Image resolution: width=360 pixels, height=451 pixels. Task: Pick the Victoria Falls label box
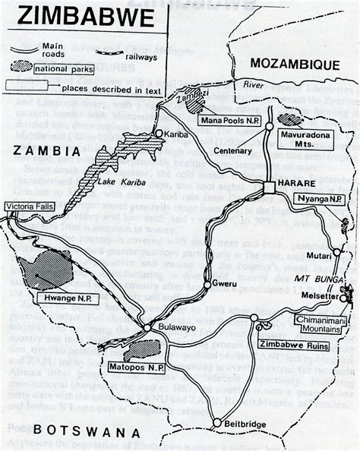(29, 207)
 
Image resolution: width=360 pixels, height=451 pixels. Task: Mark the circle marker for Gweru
(207, 285)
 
